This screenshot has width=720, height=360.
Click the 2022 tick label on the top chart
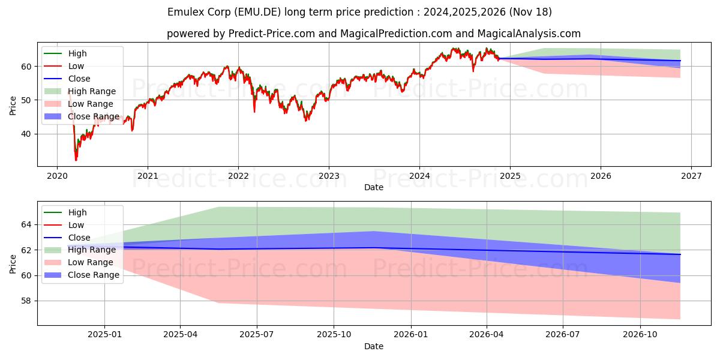click(x=238, y=176)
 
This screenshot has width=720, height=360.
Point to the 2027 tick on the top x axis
click(x=691, y=176)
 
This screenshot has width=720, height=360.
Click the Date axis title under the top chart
click(x=373, y=187)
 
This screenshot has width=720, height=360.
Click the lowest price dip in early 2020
click(x=76, y=160)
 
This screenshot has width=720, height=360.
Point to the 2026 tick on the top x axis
click(x=601, y=176)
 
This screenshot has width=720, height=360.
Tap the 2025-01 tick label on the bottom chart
click(x=104, y=335)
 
